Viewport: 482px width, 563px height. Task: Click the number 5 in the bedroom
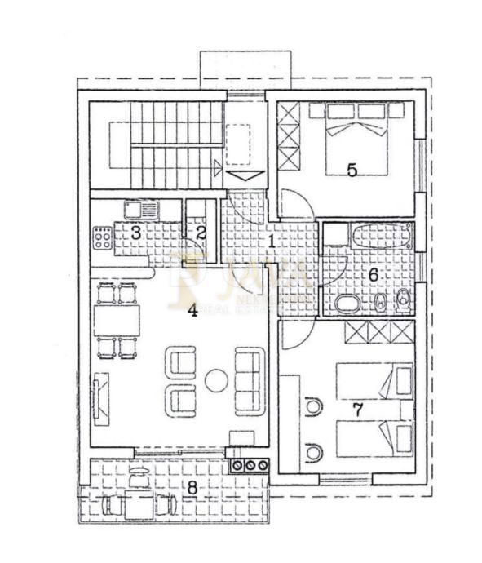[x=352, y=170]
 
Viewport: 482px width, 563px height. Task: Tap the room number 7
[x=356, y=409]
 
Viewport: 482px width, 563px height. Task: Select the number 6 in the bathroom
[x=373, y=275]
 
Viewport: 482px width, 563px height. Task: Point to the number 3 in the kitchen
[x=135, y=232]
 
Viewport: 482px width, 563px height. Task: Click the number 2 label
[x=201, y=232]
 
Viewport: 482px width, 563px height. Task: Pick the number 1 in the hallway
[x=271, y=241]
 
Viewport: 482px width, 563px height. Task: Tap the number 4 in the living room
[x=193, y=310]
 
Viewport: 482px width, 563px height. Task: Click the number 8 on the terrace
[x=192, y=487]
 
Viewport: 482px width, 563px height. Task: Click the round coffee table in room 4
[x=217, y=379]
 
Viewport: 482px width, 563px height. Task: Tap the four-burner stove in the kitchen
[x=103, y=237]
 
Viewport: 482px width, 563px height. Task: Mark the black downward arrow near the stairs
[x=241, y=175]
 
